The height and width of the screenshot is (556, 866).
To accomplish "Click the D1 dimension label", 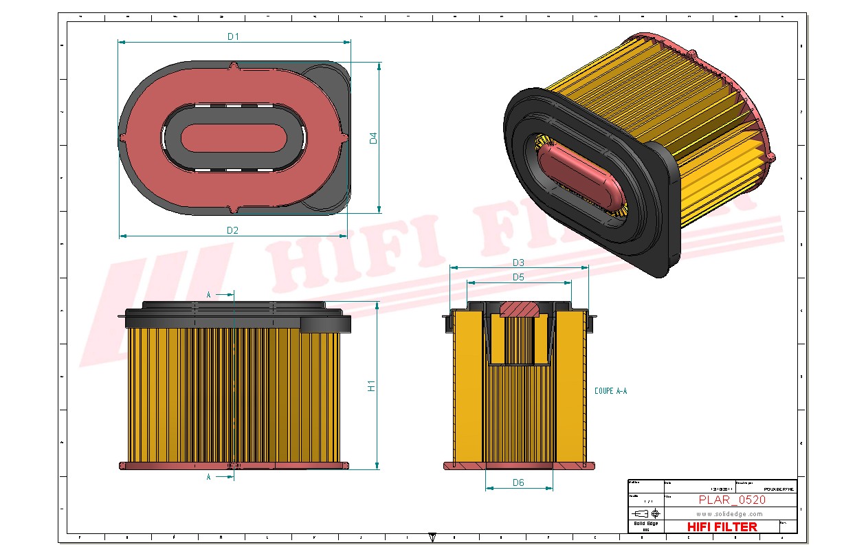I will (x=233, y=36).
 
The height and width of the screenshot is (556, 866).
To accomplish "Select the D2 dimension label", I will (x=232, y=230).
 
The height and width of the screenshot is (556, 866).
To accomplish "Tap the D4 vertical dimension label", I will (x=373, y=138).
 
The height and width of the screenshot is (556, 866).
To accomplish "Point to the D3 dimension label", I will (x=518, y=263).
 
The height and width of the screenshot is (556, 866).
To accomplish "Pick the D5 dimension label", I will (x=518, y=277).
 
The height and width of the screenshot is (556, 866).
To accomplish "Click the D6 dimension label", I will (x=518, y=482).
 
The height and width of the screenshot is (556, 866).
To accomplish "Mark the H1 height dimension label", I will (x=371, y=386).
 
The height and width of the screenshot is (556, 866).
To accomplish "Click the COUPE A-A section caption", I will (x=610, y=391).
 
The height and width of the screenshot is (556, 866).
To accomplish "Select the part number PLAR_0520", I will (x=732, y=500).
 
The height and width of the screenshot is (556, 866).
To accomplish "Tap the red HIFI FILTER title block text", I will (x=722, y=526).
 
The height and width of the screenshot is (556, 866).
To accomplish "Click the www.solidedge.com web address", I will (x=729, y=513).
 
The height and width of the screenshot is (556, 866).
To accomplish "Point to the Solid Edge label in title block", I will (x=645, y=524).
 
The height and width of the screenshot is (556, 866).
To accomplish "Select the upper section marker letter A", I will (x=209, y=295).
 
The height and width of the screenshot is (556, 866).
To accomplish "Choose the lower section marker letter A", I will (x=209, y=476).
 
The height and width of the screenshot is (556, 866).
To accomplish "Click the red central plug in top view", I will (x=234, y=138).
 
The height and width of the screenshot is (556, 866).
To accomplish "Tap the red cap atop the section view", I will (x=519, y=308).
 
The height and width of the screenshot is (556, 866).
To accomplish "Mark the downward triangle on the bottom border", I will (x=432, y=537).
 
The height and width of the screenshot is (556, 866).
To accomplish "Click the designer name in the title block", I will (x=779, y=489).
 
